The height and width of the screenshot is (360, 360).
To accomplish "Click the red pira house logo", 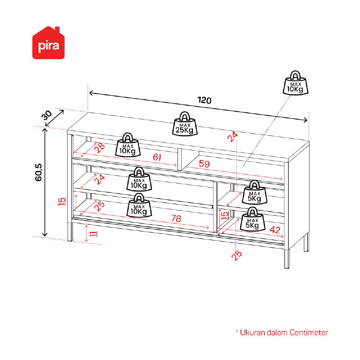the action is [49, 43].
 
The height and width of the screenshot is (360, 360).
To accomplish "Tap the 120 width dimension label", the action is [204, 100].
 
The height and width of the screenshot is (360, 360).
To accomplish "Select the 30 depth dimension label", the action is [47, 115].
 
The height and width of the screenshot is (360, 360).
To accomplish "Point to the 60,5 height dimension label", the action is [39, 172].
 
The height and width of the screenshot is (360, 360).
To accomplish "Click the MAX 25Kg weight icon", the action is [185, 124].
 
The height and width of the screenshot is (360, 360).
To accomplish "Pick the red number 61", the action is [157, 157].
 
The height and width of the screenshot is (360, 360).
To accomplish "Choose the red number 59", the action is [204, 164].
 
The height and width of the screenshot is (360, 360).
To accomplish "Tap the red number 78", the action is [176, 218].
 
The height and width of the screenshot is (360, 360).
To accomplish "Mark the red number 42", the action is [275, 230].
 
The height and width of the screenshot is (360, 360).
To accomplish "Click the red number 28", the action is [100, 148].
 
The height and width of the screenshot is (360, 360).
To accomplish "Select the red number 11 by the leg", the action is [93, 234].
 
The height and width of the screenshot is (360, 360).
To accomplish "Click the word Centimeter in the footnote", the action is [309, 333].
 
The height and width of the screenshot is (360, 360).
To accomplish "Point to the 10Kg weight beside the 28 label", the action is [128, 145].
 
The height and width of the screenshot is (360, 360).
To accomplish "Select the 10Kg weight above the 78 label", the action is [139, 205].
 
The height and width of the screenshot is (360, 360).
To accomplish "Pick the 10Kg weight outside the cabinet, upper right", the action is [295, 83].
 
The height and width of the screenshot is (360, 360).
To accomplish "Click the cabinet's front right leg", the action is [287, 259].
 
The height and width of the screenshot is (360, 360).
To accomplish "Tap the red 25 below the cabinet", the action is [237, 255].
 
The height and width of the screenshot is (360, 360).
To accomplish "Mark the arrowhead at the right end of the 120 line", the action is [306, 120].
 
